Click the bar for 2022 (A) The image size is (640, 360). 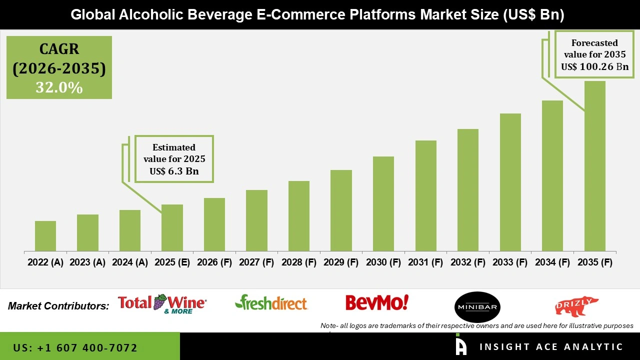tap(45, 236)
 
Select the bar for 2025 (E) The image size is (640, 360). tap(172, 228)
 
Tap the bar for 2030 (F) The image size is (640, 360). tap(383, 204)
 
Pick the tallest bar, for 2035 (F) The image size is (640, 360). tap(594, 166)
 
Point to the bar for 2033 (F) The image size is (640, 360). tap(510, 182)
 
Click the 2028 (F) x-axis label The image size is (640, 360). tap(299, 262)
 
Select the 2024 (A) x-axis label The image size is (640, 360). tap(130, 262)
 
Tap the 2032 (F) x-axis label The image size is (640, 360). tap(468, 262)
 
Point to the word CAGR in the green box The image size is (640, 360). tap(59, 49)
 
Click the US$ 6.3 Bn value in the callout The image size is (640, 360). tap(174, 171)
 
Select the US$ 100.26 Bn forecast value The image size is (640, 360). tap(594, 66)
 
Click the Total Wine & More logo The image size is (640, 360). tap(161, 303)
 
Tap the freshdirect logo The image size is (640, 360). tap(271, 302)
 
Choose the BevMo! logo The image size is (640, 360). tap(377, 302)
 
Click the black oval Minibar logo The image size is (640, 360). tap(477, 307)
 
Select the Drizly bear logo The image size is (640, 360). tap(576, 305)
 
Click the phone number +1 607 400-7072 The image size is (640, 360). tap(75, 347)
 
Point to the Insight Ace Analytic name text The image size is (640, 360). tap(551, 347)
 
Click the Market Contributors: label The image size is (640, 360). tap(58, 305)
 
